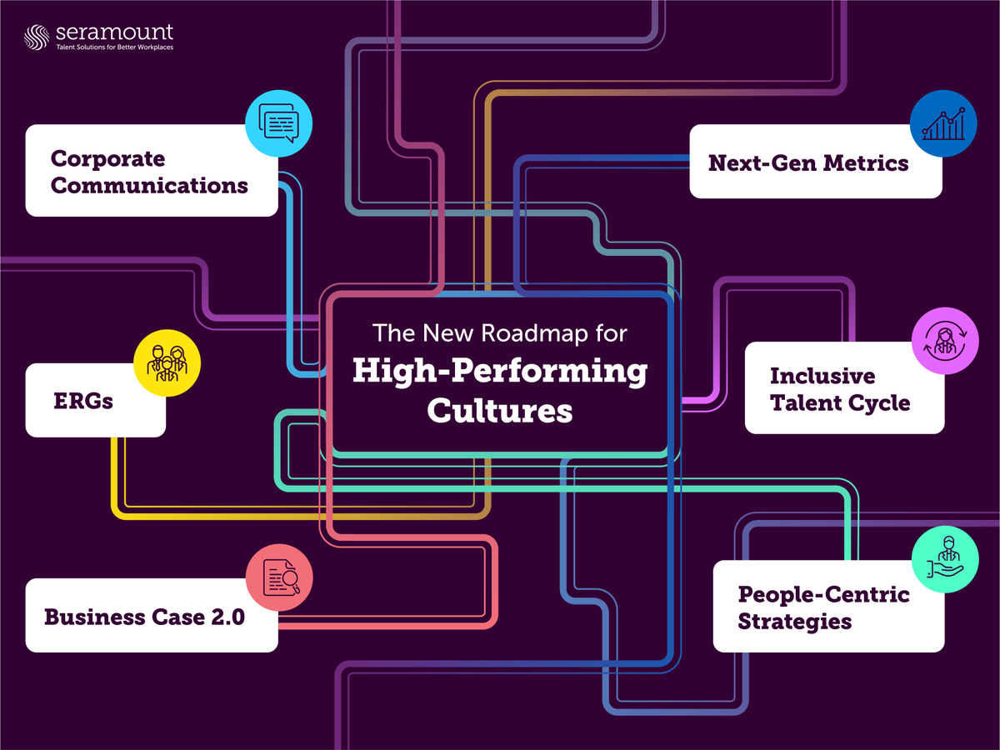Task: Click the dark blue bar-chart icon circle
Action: point(942,123)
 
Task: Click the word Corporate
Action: point(108,158)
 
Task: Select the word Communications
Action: point(150,185)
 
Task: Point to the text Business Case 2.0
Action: point(144,617)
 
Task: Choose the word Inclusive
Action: point(822,376)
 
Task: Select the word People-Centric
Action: point(823,594)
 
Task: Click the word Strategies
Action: point(794,622)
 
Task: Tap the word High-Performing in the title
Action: point(500,372)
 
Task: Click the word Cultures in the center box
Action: point(500,411)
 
